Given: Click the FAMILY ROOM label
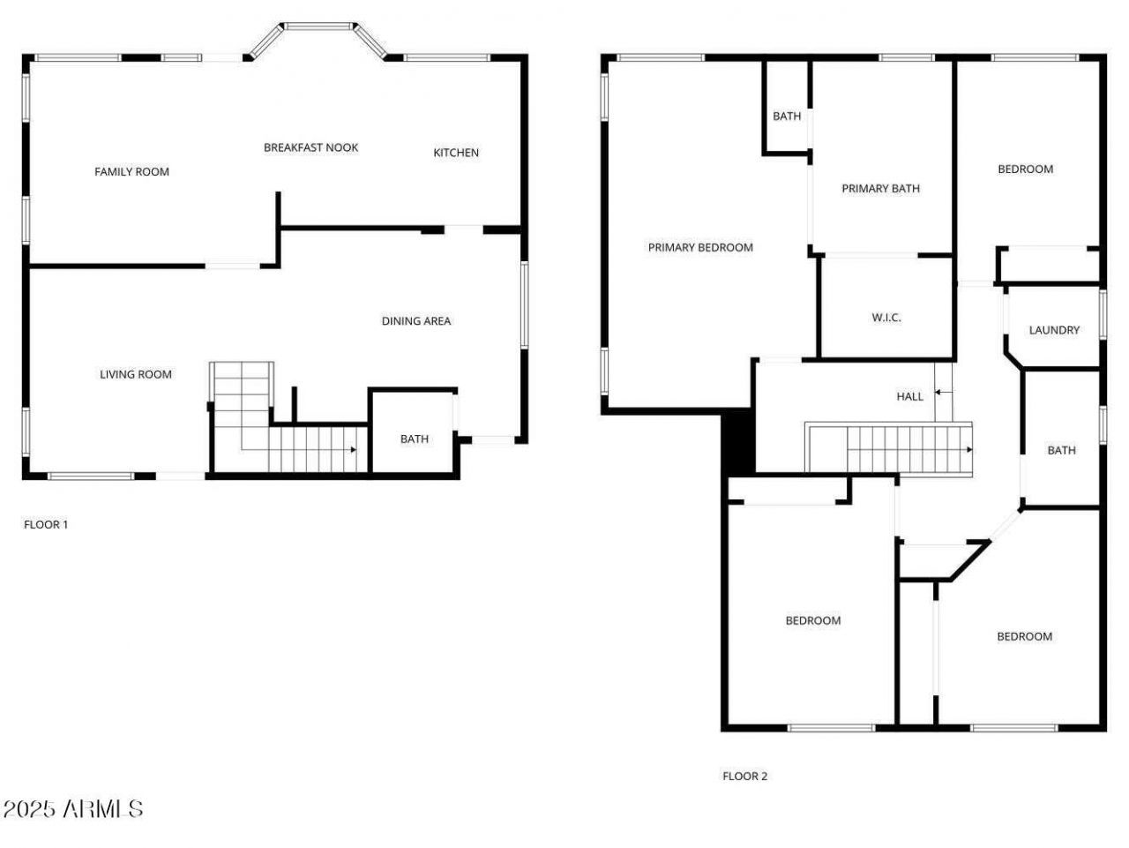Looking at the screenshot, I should click(x=131, y=172).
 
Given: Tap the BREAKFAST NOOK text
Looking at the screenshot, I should click(x=310, y=147).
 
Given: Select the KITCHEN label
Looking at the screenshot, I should click(x=456, y=153).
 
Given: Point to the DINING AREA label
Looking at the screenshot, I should click(x=415, y=321).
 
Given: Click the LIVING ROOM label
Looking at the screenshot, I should click(x=136, y=374).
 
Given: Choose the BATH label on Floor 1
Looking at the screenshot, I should click(x=415, y=439).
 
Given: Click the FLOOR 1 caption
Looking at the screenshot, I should click(x=46, y=524).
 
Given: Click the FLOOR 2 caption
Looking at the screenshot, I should click(x=744, y=777).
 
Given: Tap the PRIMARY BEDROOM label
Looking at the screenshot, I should click(x=700, y=248).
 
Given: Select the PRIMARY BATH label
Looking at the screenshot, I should click(x=880, y=189).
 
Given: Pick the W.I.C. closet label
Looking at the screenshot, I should click(x=886, y=318).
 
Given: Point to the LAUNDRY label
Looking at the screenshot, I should click(x=1054, y=330).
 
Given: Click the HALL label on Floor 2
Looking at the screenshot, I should click(x=909, y=396).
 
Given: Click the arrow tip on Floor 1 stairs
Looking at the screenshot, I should click(x=354, y=450).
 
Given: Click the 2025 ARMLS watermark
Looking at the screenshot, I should click(x=72, y=808).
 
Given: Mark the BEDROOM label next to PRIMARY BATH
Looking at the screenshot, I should click(x=1025, y=169).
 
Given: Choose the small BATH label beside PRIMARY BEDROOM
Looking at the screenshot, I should click(x=787, y=116).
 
